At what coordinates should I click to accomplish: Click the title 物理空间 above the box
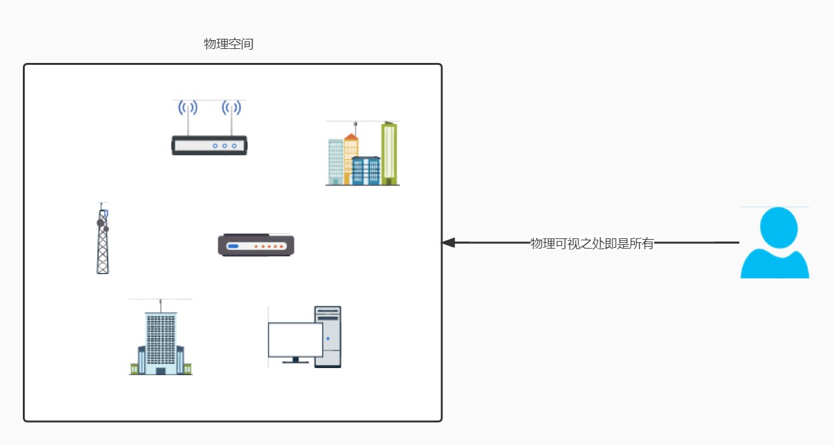(x=228, y=44)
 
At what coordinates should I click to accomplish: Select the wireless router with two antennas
(x=209, y=144)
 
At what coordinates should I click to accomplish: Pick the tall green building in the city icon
(x=389, y=153)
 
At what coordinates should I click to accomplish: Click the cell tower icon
(x=102, y=239)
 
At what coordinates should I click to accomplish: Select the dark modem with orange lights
(x=256, y=245)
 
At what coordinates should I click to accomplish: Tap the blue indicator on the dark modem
(x=233, y=246)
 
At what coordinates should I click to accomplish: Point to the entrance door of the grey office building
(x=161, y=371)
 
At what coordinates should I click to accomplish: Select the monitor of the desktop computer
(x=295, y=339)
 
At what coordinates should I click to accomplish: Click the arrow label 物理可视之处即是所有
(x=592, y=243)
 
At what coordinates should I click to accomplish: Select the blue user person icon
(x=774, y=243)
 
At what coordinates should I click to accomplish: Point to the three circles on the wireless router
(x=225, y=146)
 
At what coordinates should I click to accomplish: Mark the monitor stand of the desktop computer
(x=295, y=360)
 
